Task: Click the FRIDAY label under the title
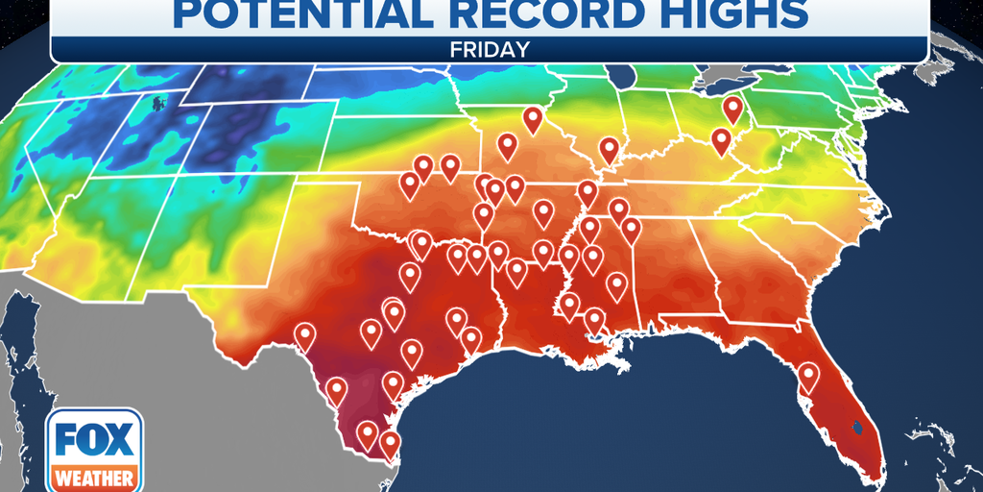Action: pos(491,48)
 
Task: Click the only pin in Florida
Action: pos(808,376)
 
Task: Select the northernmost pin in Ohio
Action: pos(733,109)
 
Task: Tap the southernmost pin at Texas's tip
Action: pos(390,443)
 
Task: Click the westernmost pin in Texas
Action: pos(305,335)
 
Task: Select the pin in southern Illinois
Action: pos(609,149)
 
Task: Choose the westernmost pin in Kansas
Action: pos(410,184)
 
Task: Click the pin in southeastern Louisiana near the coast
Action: pos(594,320)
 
